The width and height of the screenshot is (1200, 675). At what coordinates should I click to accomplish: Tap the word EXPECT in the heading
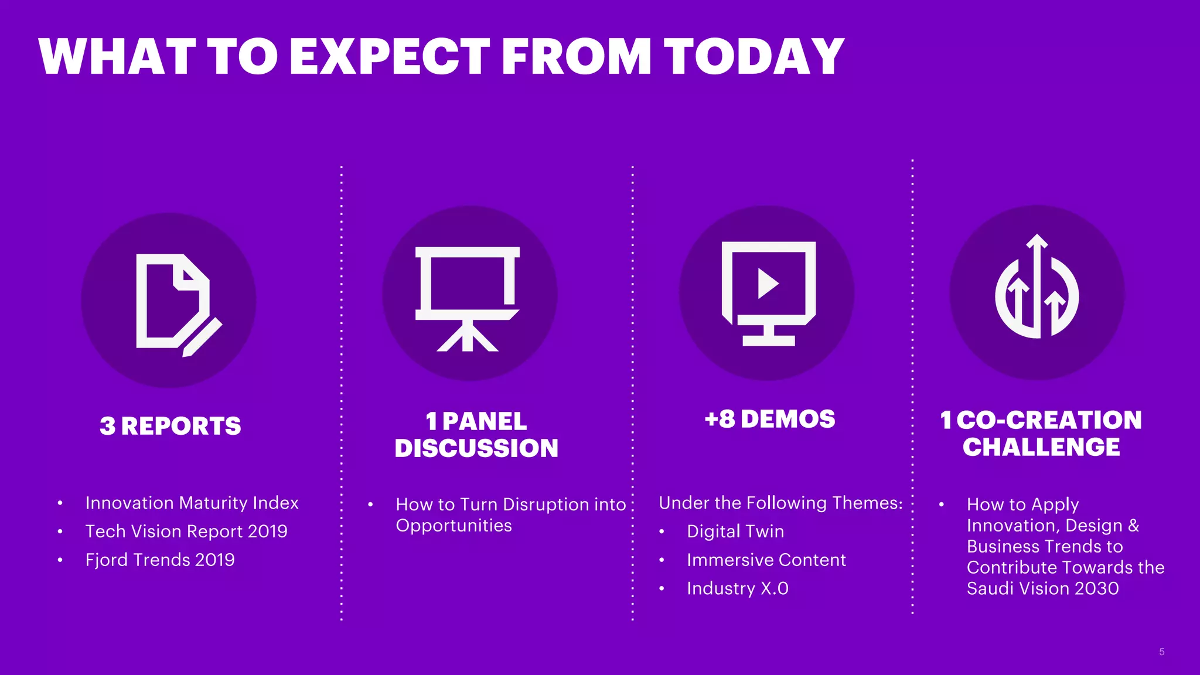pos(389,56)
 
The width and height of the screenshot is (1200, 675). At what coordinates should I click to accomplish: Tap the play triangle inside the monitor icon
pos(767,284)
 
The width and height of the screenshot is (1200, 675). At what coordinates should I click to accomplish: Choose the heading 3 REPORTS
pos(170,426)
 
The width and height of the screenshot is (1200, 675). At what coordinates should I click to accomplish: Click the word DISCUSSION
pos(476,448)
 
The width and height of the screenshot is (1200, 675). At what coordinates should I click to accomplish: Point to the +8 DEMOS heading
pos(769,419)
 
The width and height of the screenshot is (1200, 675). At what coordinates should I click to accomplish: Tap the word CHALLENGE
pos(1041,447)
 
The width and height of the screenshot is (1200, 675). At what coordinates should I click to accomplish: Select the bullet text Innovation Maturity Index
pos(192,503)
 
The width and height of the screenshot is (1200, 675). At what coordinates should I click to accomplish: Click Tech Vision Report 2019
pos(186,531)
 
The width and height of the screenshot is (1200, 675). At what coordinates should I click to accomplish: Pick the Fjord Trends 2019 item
pos(160,560)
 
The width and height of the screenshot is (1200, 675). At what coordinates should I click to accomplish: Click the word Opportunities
pos(454,526)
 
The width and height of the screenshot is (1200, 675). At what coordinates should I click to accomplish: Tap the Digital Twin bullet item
pos(735,531)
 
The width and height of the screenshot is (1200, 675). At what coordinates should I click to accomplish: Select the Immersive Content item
pos(766,560)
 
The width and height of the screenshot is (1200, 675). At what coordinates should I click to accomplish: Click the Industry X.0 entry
pos(737,588)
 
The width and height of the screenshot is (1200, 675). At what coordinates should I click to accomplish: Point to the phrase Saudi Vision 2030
pos(1042,588)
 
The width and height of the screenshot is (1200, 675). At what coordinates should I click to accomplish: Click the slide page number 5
pos(1161,652)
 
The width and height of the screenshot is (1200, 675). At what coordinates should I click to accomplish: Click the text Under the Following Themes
pos(780,503)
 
